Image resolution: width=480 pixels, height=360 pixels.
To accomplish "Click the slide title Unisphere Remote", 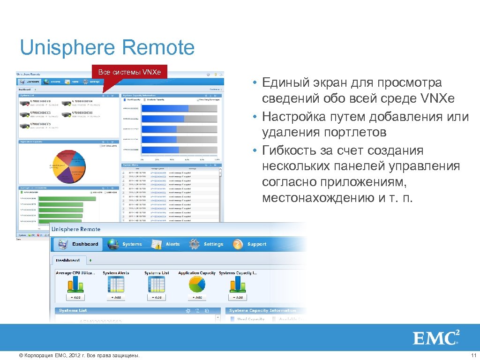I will (107, 48).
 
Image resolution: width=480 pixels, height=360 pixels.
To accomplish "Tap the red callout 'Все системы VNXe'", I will (129, 72).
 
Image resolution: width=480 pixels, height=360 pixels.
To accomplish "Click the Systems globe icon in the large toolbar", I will (113, 244).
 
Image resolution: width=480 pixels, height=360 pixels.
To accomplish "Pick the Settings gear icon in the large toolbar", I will (195, 244).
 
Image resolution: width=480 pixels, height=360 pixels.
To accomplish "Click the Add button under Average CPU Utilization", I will (75, 297).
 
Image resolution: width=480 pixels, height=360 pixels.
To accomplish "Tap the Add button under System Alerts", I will (116, 297).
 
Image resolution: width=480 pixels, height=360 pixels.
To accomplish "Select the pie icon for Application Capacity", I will (197, 284).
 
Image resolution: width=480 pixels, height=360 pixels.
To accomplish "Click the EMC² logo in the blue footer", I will (435, 338).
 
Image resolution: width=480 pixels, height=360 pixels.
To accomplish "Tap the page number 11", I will (473, 356).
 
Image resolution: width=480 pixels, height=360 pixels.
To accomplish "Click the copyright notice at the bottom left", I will (78, 356).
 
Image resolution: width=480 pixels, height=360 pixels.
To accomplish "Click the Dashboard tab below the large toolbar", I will (68, 260).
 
